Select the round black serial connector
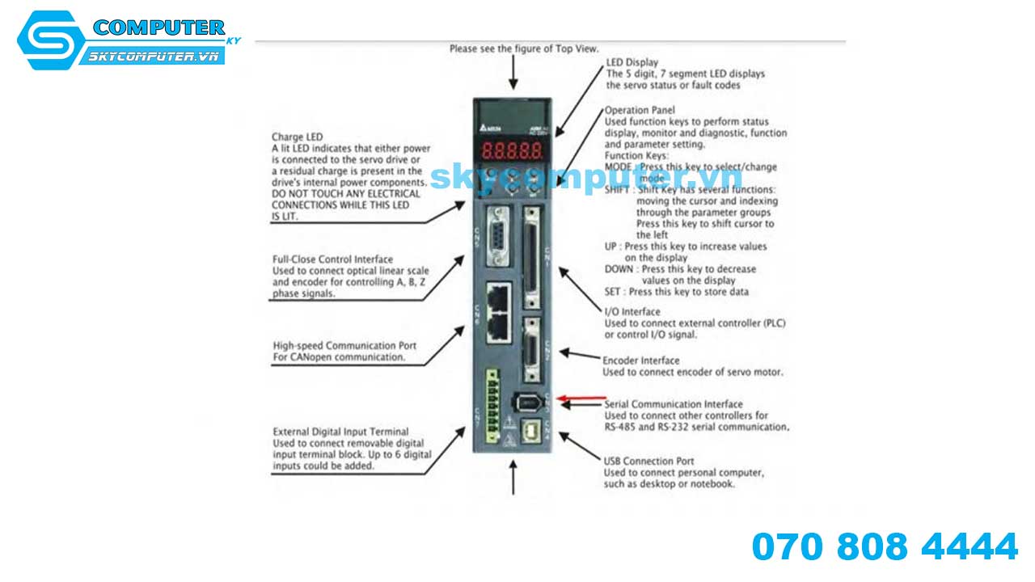(x=527, y=401)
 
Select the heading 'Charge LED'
(x=292, y=137)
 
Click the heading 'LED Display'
(x=632, y=62)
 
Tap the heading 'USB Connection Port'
(x=648, y=462)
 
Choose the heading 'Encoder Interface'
(x=641, y=361)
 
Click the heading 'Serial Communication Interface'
(x=674, y=404)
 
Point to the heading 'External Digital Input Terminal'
(x=340, y=432)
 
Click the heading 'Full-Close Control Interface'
(x=333, y=259)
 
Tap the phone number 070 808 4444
(x=885, y=547)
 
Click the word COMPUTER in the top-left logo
(x=158, y=27)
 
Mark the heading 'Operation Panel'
(x=640, y=110)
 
